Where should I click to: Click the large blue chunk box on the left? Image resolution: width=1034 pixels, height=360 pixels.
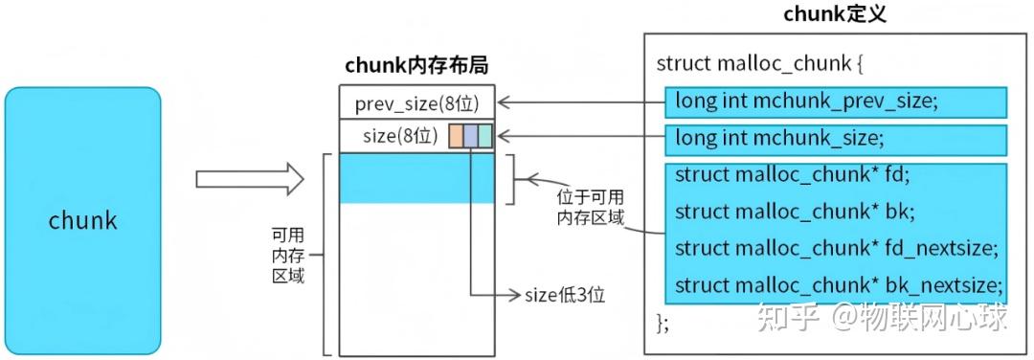pyautogui.click(x=82, y=221)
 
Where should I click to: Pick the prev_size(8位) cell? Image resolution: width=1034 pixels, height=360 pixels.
pyautogui.click(x=416, y=103)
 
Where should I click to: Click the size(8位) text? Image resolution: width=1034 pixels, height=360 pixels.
pyautogui.click(x=400, y=136)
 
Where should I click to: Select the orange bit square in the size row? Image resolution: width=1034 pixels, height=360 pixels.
pyautogui.click(x=456, y=136)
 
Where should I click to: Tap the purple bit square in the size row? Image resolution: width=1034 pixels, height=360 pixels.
pyautogui.click(x=470, y=136)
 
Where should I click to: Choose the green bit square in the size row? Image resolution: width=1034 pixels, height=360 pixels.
pyautogui.click(x=484, y=136)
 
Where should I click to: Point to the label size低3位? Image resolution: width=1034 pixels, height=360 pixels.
pyautogui.click(x=565, y=294)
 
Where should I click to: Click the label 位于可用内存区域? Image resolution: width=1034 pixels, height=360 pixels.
pyautogui.click(x=590, y=207)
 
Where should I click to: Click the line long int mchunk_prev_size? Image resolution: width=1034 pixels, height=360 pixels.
pyautogui.click(x=806, y=101)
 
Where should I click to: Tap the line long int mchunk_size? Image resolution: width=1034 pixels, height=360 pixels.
pyautogui.click(x=776, y=138)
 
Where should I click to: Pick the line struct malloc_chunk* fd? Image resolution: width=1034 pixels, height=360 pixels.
pyautogui.click(x=792, y=174)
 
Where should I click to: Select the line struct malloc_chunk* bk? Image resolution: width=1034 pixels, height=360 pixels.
pyautogui.click(x=794, y=211)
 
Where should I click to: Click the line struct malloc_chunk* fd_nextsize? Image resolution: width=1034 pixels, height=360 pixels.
pyautogui.click(x=836, y=248)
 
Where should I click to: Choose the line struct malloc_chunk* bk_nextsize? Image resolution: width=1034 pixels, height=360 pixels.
pyautogui.click(x=838, y=285)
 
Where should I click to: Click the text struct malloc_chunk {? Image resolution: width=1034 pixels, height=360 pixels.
pyautogui.click(x=760, y=64)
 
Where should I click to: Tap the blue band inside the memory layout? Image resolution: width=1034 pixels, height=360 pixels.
pyautogui.click(x=416, y=178)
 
